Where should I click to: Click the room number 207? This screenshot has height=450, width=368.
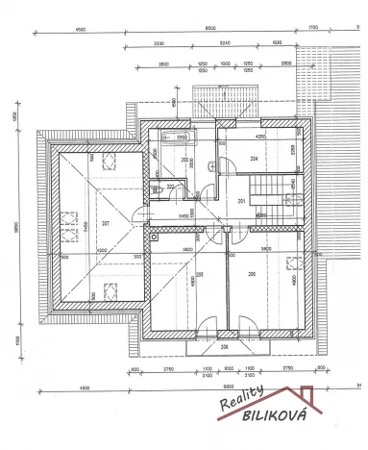click(104, 223)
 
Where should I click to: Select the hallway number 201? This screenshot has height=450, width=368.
click(242, 200)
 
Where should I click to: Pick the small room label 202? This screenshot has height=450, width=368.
click(171, 187)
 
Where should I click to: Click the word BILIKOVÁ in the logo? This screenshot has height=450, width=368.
click(265, 420)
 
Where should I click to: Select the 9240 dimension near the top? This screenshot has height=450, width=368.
click(225, 44)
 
